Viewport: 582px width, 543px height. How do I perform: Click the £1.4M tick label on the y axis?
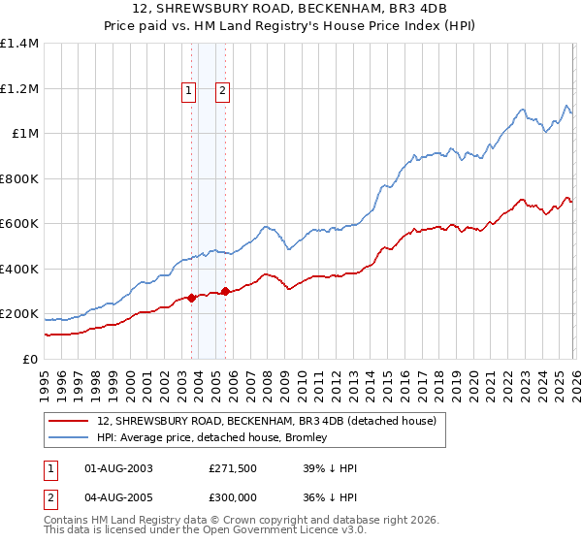[x=19, y=44]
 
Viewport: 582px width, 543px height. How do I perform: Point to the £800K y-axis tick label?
[x=19, y=178]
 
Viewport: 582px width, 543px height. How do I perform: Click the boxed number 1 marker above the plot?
[x=189, y=91]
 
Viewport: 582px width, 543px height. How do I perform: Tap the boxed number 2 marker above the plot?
[x=223, y=91]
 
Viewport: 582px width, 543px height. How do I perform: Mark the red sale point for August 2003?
[x=191, y=298]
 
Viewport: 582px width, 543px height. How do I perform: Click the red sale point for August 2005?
[x=225, y=291]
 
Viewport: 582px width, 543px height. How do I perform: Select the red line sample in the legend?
[x=69, y=421]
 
